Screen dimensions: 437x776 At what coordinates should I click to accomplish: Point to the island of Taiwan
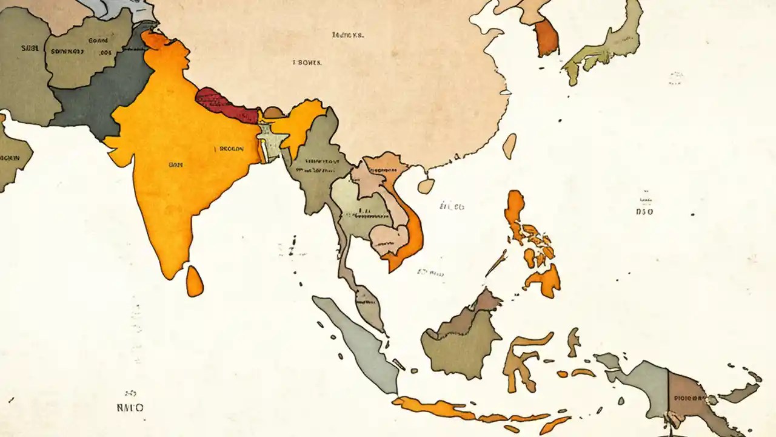[510, 146]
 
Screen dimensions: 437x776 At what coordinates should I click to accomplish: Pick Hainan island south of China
[426, 186]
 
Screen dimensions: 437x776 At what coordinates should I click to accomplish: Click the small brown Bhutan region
[273, 112]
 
